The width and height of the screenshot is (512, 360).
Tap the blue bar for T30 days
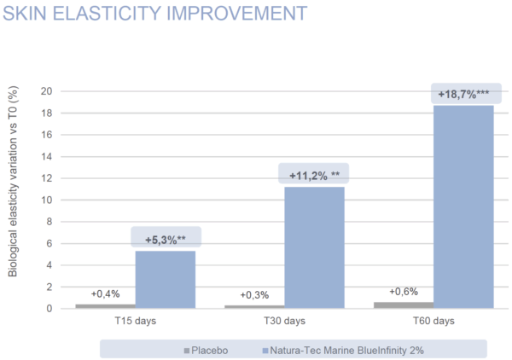coord(314,247)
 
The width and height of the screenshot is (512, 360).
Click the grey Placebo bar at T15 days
coord(105,305)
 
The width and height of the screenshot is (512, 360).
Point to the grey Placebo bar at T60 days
coord(403,305)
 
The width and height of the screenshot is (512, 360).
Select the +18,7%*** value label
coord(463,93)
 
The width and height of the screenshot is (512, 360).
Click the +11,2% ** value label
coord(314,175)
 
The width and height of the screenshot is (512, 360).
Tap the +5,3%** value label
coord(166,239)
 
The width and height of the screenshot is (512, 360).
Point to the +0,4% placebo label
coord(105,294)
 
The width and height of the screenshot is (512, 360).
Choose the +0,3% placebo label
coord(254,295)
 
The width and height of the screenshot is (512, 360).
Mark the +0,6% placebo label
coord(403,292)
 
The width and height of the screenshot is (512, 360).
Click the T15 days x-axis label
coord(135,322)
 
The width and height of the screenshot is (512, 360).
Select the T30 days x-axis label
coord(284,322)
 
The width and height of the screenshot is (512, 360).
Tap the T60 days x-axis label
coord(433,322)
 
